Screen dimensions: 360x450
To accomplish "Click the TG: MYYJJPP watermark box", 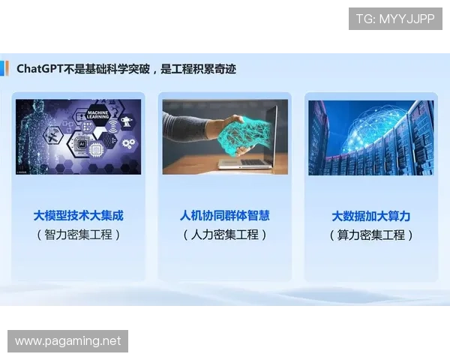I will [x=395, y=19].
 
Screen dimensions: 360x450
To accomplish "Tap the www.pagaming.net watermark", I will [x=68, y=341].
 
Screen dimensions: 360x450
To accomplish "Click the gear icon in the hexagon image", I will [x=127, y=142].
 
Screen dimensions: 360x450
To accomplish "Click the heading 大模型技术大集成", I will [x=78, y=216].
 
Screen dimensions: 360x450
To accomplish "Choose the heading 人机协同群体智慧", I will [x=224, y=216].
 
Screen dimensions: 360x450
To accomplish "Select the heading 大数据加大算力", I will [x=370, y=216].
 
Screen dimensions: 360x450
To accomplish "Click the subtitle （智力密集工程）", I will [x=78, y=235].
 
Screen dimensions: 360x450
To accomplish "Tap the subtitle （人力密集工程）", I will [x=224, y=235].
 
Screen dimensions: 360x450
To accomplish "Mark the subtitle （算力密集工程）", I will [x=370, y=235].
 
